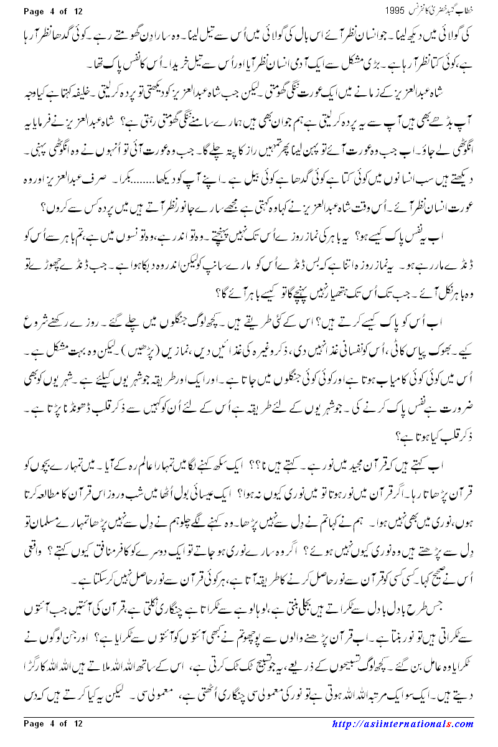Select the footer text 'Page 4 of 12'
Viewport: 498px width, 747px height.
(53, 723)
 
